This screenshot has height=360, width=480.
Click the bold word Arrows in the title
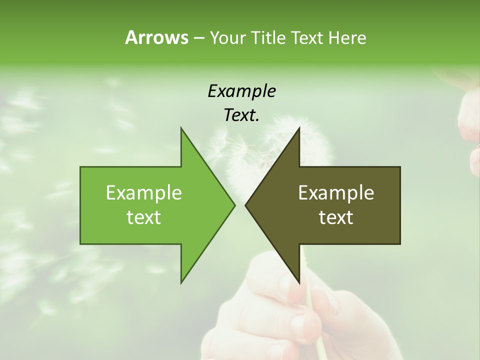pos(156,37)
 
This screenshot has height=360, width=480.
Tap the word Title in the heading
pos(268,37)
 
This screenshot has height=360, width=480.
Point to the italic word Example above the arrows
pos(241,91)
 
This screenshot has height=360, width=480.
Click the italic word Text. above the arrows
pos(241,115)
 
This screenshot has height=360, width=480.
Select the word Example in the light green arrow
pos(144,192)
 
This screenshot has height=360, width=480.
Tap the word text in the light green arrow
pos(144,217)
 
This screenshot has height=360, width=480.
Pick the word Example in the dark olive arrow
pos(336,192)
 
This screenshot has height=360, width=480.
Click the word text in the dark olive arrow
pos(336,217)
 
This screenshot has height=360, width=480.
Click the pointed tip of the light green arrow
pos(234,205)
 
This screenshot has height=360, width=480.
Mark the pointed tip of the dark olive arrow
pos(245,205)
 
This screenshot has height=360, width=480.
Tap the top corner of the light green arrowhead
pos(181,128)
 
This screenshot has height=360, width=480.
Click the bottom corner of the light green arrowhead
pos(181,282)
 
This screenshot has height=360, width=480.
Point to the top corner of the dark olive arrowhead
pos(299,128)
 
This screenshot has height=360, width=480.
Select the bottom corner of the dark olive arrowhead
pos(299,282)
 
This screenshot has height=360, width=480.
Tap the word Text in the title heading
pos(307,37)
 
